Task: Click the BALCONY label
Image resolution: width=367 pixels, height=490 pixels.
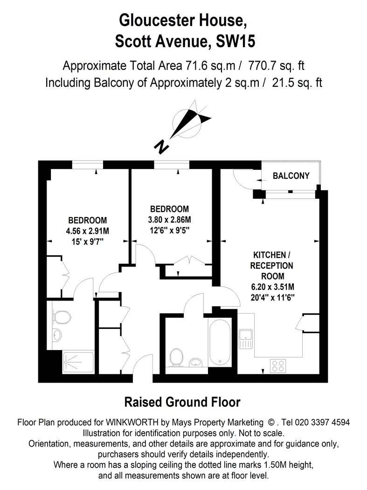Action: pos(291,175)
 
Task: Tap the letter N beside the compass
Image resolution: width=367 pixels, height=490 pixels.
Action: pos(162,147)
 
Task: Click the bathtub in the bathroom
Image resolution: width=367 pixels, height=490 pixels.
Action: pos(220,342)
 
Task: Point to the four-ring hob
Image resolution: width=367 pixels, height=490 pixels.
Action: pos(277,366)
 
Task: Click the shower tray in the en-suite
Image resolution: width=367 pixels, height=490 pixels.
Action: pos(78,362)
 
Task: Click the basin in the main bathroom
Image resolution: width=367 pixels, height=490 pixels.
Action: pos(196,362)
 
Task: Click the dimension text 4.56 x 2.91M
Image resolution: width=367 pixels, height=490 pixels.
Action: pos(88,231)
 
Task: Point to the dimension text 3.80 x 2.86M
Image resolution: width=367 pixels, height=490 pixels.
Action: pos(169,220)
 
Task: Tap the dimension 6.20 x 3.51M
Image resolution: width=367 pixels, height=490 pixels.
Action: pos(273,287)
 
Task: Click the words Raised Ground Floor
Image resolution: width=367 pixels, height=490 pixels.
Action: pos(182,402)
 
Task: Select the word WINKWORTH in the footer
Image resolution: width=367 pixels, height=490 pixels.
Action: pos(132,422)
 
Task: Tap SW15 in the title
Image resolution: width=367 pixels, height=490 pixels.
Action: pos(235,41)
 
